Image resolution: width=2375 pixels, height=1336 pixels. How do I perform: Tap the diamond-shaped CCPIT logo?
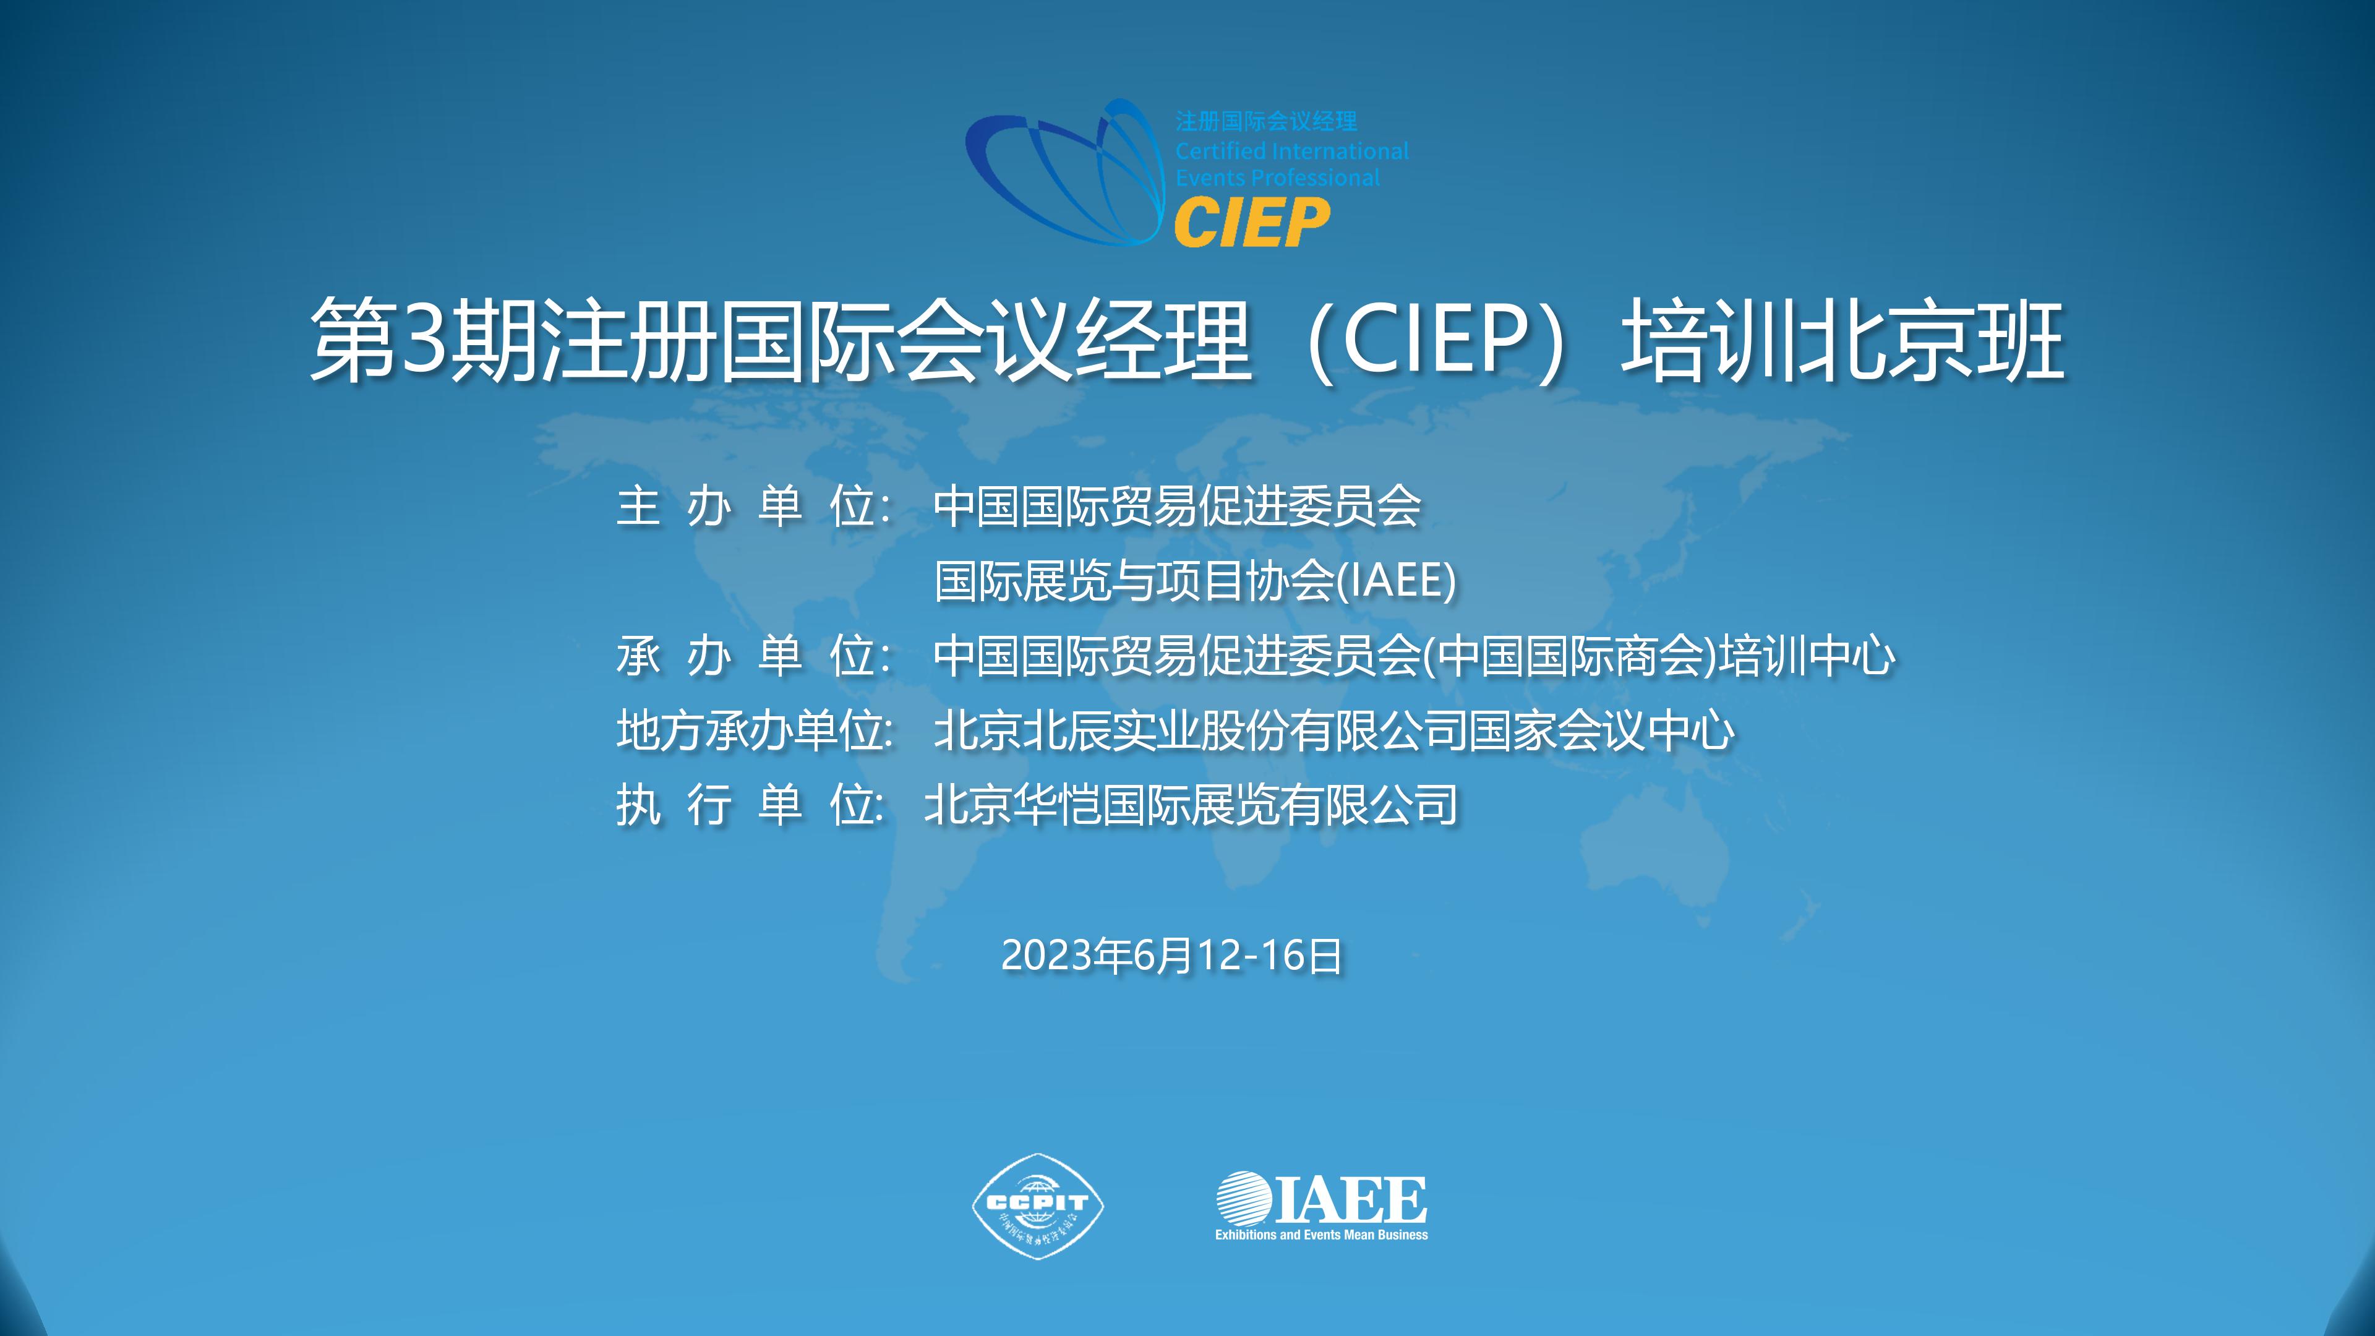(x=1038, y=1205)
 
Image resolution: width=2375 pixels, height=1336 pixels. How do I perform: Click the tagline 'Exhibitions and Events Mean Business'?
(x=1321, y=1235)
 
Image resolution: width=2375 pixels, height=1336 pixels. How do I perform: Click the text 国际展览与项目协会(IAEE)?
(x=1196, y=581)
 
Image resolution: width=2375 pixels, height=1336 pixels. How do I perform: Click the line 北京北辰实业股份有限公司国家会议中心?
(x=1334, y=730)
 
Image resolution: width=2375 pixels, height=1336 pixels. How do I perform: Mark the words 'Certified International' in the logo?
(x=1291, y=150)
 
